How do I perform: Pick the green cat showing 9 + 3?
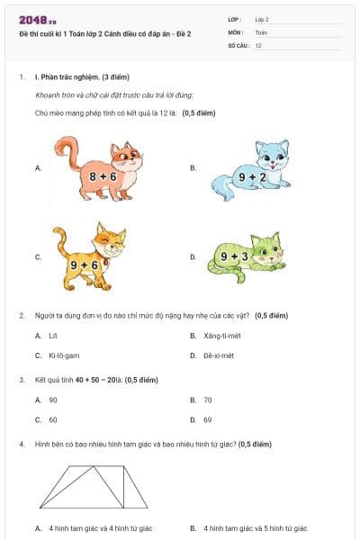point(247,252)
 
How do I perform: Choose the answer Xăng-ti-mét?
point(225,335)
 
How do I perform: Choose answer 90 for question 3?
point(53,400)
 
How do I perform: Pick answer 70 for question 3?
point(208,400)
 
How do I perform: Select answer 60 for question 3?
point(53,419)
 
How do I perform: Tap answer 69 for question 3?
point(208,419)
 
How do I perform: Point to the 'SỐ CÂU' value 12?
point(258,45)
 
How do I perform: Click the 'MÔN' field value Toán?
point(261,31)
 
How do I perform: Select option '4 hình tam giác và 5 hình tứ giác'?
point(256,528)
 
